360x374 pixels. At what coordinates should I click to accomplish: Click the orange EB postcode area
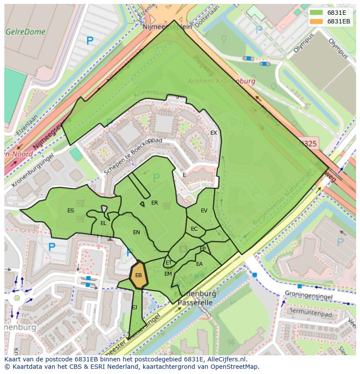pyautogui.click(x=139, y=275)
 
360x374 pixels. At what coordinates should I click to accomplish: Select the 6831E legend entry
pyautogui.click(x=336, y=12)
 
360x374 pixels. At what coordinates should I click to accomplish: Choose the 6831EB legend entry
pyautogui.click(x=338, y=21)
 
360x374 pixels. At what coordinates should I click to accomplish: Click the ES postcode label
pyautogui.click(x=70, y=211)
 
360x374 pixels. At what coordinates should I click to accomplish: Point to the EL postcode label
pyautogui.click(x=103, y=223)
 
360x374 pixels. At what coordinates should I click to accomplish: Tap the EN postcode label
pyautogui.click(x=137, y=232)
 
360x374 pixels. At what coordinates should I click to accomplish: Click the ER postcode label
pyautogui.click(x=154, y=203)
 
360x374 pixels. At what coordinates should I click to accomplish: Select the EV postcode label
pyautogui.click(x=204, y=211)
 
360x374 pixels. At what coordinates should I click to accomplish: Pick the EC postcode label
pyautogui.click(x=194, y=229)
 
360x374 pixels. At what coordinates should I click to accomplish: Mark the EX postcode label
pyautogui.click(x=213, y=133)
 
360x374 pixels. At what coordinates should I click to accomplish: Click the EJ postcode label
pyautogui.click(x=134, y=308)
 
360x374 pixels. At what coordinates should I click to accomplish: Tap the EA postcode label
pyautogui.click(x=199, y=264)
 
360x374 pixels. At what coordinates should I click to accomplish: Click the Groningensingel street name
pyautogui.click(x=308, y=296)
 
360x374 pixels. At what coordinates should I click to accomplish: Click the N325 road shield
pyautogui.click(x=308, y=143)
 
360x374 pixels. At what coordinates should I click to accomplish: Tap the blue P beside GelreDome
pyautogui.click(x=90, y=41)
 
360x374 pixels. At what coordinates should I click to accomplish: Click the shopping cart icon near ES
pyautogui.click(x=80, y=202)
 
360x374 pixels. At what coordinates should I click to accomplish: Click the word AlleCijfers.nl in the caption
pyautogui.click(x=226, y=359)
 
